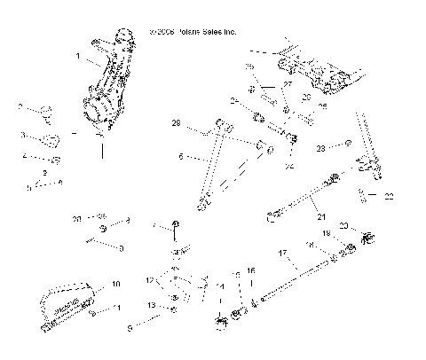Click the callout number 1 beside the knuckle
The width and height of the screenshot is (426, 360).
tap(78, 55)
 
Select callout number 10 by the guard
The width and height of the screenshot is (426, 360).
tap(114, 285)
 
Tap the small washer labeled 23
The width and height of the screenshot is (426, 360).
tap(349, 142)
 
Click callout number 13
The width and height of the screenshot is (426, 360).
tap(150, 305)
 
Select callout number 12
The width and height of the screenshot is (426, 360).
tap(148, 280)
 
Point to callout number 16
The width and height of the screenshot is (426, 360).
tap(251, 270)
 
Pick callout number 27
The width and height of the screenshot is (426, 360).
tap(288, 84)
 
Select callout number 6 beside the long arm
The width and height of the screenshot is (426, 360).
tap(180, 156)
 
